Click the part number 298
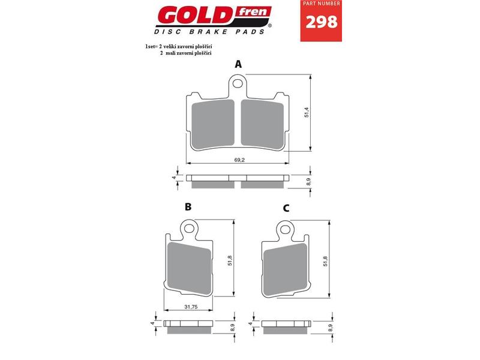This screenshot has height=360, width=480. [322, 22]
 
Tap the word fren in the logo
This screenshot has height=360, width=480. [253, 12]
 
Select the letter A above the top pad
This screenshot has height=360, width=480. [238, 64]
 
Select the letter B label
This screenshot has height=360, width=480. [188, 207]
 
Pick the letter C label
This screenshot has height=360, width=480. [286, 208]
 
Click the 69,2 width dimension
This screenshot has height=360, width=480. [239, 160]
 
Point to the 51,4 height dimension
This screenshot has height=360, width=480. [307, 112]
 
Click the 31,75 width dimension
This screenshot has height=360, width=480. [191, 307]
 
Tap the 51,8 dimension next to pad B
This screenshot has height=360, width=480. [230, 260]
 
